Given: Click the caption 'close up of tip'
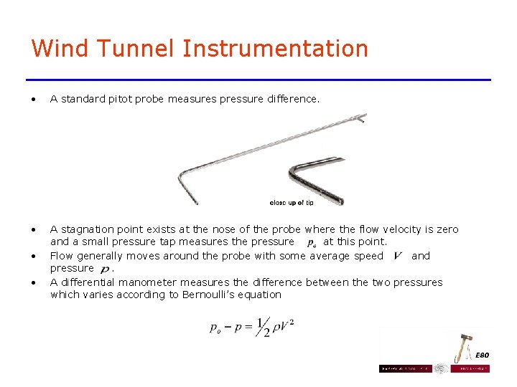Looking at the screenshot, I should tap(292, 203).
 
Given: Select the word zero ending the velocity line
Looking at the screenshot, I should tap(445, 230).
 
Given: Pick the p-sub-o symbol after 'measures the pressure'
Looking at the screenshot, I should tap(312, 243).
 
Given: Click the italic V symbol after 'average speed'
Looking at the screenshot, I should tap(398, 256).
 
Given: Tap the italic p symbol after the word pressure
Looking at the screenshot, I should tap(106, 269).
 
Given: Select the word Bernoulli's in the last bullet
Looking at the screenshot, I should tap(205, 295).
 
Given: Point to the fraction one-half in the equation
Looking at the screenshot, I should tap(263, 327).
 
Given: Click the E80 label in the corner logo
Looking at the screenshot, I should tap(483, 355).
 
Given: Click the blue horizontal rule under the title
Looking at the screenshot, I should tap(258, 80).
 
